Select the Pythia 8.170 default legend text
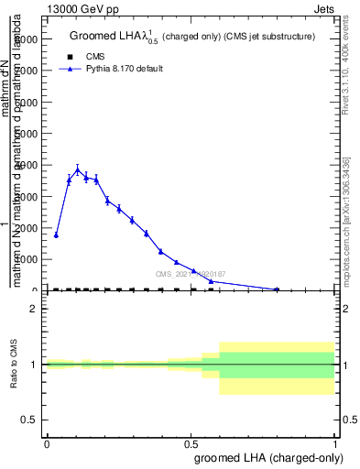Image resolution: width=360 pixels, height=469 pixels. pyautogui.click(x=124, y=69)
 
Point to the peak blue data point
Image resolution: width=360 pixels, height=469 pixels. pyautogui.click(x=78, y=169)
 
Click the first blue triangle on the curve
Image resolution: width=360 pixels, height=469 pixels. pyautogui.click(x=57, y=235)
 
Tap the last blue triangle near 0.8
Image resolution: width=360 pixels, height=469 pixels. pyautogui.click(x=277, y=289)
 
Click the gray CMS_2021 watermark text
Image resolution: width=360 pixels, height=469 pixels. pyautogui.click(x=191, y=274)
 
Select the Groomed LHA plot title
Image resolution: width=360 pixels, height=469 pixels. pyautogui.click(x=192, y=37)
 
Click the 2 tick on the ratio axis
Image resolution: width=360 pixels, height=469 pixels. pyautogui.click(x=34, y=310)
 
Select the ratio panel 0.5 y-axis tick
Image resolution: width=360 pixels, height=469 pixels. pyautogui.click(x=29, y=420)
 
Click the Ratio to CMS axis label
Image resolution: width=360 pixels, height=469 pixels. pyautogui.click(x=13, y=365)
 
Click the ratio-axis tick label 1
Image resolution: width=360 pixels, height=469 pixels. pyautogui.click(x=34, y=365)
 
